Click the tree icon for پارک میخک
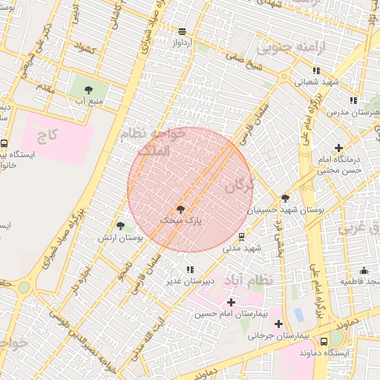click(x=180, y=210)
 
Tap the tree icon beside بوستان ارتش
click(x=120, y=226)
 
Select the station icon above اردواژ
click(x=182, y=31)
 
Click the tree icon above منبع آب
click(x=89, y=88)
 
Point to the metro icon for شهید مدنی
click(x=242, y=237)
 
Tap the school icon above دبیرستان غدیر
click(x=190, y=269)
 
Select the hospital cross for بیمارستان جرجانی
click(x=278, y=324)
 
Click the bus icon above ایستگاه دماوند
click(x=324, y=341)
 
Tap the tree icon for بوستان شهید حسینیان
click(x=285, y=198)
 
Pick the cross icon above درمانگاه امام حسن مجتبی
click(x=340, y=148)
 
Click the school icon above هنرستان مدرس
click(x=353, y=100)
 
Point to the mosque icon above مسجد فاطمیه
click(x=364, y=271)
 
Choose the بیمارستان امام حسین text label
click(x=228, y=315)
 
